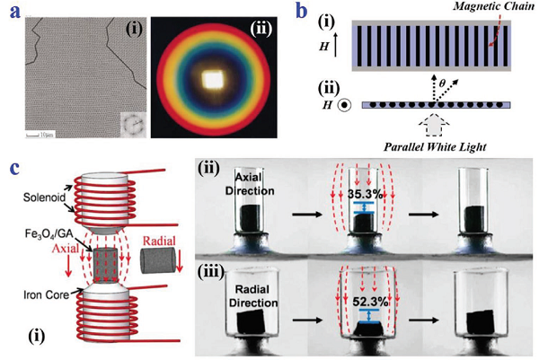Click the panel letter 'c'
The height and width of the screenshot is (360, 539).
(x=12, y=168)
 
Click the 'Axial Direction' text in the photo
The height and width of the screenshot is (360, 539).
(x=234, y=187)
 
